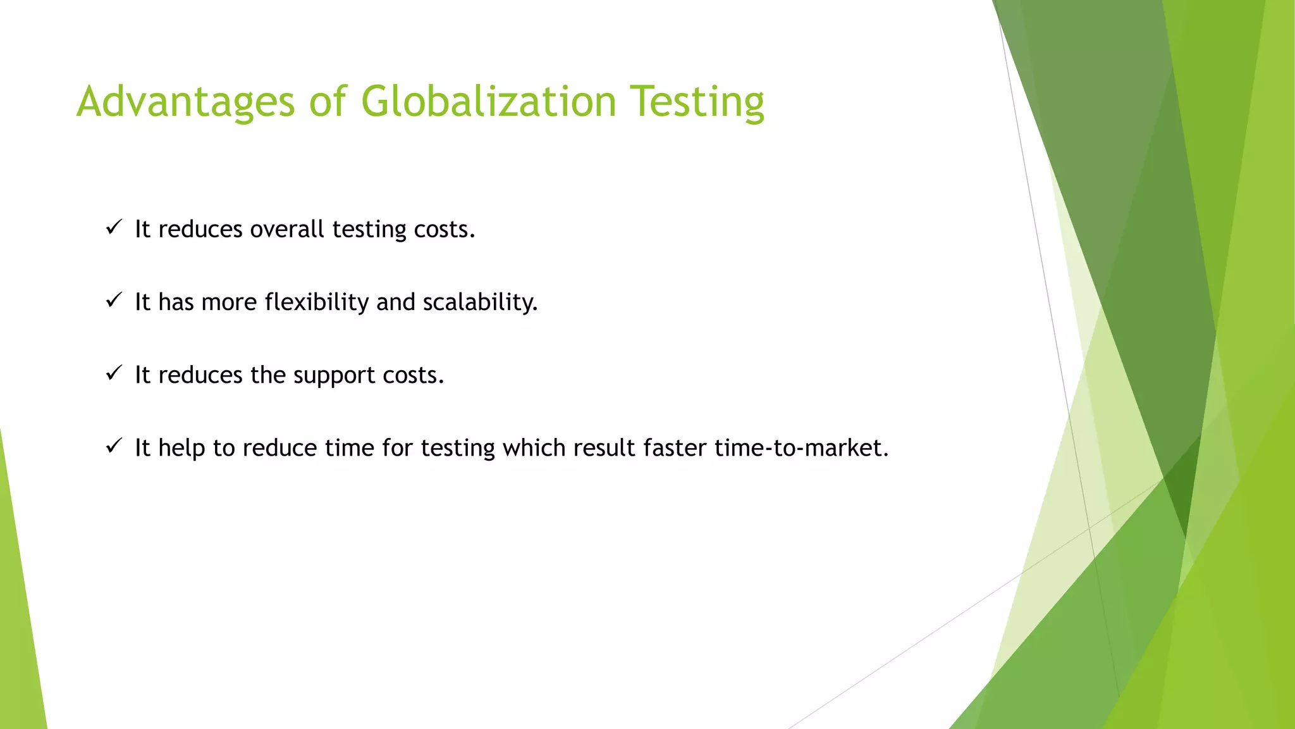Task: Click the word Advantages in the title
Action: (x=185, y=102)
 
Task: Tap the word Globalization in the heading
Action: (x=488, y=102)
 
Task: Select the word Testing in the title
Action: (x=697, y=102)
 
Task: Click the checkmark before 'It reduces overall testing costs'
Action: (x=113, y=227)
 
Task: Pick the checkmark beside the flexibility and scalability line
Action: (x=113, y=300)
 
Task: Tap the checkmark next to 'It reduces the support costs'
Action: (x=113, y=373)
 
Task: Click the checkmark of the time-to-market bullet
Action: (x=113, y=446)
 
